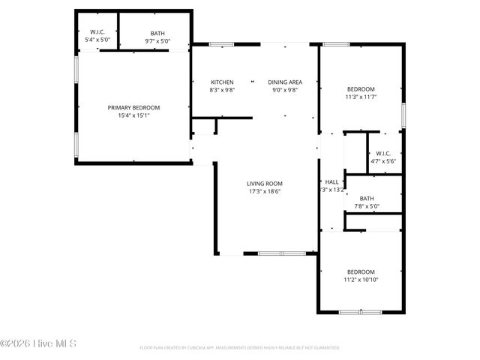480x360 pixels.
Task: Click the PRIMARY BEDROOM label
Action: click(x=133, y=107)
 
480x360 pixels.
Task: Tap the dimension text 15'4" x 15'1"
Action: click(x=133, y=115)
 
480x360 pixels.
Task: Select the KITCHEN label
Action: click(x=222, y=82)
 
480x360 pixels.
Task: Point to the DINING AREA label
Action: click(x=285, y=82)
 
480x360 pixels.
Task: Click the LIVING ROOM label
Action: click(x=265, y=183)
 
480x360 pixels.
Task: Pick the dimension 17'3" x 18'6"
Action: click(x=265, y=191)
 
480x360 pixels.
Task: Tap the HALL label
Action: click(x=331, y=181)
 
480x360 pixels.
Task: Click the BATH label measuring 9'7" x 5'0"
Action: click(x=157, y=33)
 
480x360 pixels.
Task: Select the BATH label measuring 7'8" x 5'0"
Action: click(x=367, y=199)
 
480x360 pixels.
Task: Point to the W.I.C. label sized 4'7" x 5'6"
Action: click(x=383, y=153)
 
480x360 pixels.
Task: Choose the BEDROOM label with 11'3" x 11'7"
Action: click(x=361, y=88)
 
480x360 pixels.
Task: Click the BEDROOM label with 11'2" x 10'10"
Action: click(x=361, y=271)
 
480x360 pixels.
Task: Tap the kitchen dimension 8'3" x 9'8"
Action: click(x=222, y=90)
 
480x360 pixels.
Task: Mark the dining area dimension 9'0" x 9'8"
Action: click(x=285, y=90)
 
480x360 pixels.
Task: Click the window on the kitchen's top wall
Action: click(x=221, y=44)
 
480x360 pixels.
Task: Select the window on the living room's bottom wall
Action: click(x=281, y=253)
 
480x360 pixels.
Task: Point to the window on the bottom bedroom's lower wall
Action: click(x=360, y=311)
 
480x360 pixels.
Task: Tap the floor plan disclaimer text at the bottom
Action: click(x=240, y=348)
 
